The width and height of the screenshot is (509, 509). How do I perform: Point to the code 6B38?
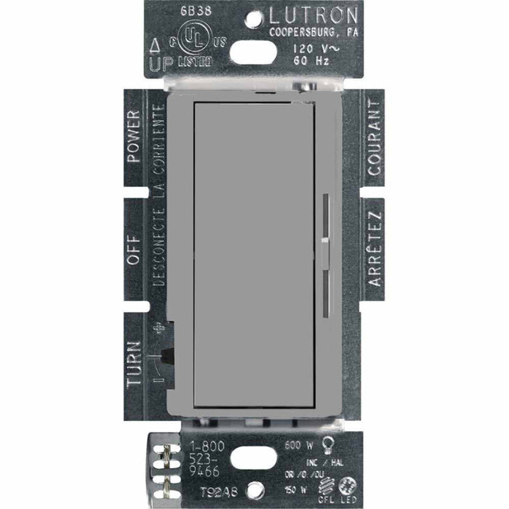[x=166, y=13]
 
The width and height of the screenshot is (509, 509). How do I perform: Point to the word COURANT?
[x=374, y=127]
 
